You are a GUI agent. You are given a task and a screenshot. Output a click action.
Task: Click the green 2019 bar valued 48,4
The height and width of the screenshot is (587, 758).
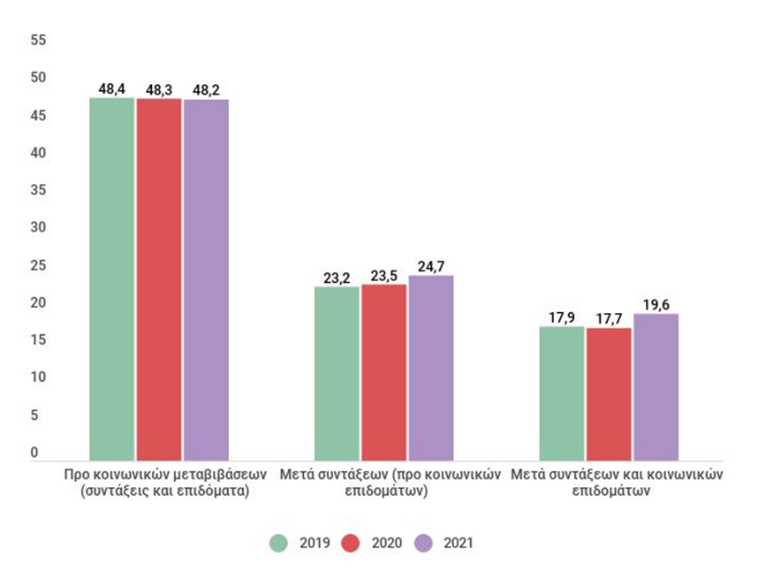(x=111, y=279)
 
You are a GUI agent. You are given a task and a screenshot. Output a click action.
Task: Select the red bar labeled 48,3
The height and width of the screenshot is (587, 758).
(x=159, y=279)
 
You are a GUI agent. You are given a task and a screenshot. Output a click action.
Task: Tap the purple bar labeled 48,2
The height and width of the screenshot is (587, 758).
(x=206, y=280)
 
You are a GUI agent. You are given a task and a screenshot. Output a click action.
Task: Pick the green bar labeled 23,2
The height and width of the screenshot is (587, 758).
(x=337, y=374)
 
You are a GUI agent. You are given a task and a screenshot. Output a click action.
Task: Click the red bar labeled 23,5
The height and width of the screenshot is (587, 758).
(x=383, y=373)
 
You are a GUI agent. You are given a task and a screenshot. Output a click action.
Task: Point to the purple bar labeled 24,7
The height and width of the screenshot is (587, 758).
(x=431, y=369)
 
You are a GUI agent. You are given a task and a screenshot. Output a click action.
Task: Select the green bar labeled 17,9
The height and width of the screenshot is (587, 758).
(x=562, y=394)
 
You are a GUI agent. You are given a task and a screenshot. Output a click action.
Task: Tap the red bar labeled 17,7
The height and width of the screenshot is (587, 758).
(x=609, y=394)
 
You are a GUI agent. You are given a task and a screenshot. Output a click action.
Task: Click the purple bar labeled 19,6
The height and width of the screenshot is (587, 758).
(x=656, y=387)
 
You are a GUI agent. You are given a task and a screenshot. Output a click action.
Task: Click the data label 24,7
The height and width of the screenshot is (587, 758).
(x=431, y=267)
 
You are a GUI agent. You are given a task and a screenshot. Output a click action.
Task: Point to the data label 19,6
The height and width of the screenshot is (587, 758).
(x=656, y=305)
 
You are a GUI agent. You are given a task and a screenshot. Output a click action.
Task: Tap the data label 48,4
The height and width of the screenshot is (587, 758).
(x=111, y=89)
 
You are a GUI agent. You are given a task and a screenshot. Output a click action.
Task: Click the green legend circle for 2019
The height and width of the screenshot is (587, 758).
(x=278, y=543)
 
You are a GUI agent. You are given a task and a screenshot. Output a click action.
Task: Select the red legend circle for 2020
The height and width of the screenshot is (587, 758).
(x=351, y=543)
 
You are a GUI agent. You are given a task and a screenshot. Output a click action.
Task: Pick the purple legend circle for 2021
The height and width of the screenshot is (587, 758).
(x=423, y=543)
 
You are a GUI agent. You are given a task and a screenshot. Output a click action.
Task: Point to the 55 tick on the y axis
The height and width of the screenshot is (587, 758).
(x=38, y=40)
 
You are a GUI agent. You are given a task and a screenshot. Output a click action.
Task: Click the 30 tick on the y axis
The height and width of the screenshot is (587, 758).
(x=38, y=227)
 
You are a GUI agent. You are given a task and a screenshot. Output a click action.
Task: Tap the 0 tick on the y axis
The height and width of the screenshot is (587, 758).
(x=34, y=453)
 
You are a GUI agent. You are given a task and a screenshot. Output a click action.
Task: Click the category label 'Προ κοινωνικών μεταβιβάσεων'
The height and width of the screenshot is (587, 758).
(x=165, y=474)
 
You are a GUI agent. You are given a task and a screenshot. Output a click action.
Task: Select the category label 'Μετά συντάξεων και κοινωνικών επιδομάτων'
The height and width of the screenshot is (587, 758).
(x=617, y=483)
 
